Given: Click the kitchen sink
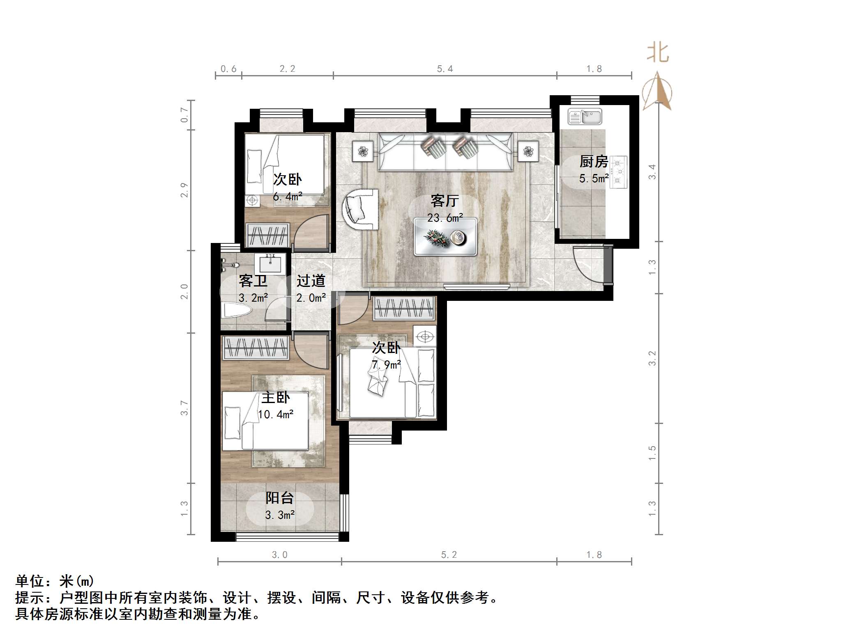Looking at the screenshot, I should tap(585, 117).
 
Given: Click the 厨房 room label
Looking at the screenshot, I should tap(594, 162).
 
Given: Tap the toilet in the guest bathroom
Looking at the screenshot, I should tap(236, 311).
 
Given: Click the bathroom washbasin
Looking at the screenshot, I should tap(270, 264).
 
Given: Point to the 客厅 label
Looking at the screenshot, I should tap(445, 201).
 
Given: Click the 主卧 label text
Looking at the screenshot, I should tap(276, 397).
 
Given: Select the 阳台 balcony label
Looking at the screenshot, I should tap(279, 498).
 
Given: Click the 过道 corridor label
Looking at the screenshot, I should tap(311, 281).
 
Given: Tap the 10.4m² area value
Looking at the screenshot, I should tap(276, 415).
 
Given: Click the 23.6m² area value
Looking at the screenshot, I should tap(445, 218).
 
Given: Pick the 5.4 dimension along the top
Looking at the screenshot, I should tap(445, 69).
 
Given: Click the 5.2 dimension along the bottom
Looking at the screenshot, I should tap(449, 555).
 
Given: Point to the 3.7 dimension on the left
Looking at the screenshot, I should tap(184, 408).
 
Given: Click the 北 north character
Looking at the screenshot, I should tap(658, 53).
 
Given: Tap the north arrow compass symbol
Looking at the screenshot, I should tap(657, 92).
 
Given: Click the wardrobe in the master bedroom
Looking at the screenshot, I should tap(256, 348).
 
